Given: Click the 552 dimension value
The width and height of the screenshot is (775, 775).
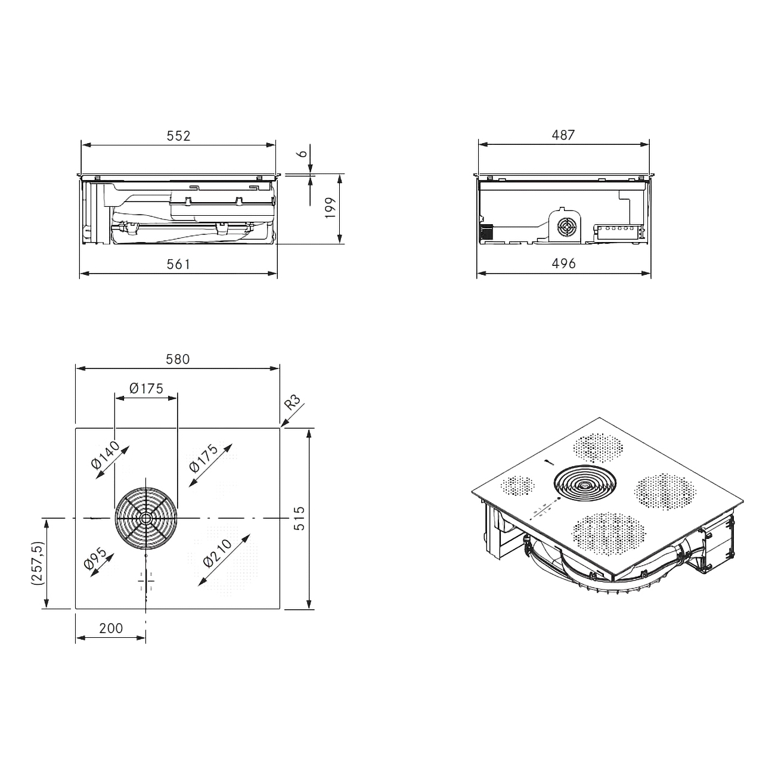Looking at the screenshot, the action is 178,136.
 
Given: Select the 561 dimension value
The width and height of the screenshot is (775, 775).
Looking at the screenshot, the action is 178,264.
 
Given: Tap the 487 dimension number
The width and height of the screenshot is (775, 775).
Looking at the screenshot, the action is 563,135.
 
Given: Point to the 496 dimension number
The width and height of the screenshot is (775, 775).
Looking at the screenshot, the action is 563,263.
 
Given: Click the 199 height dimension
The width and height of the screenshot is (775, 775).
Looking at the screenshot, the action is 331,208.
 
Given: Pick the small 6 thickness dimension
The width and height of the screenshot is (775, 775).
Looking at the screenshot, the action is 303,153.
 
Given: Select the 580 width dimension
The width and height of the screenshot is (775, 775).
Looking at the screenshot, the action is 178,359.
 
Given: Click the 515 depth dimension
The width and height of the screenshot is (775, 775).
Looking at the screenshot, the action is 299,519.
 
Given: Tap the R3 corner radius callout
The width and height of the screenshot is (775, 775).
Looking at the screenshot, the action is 292,402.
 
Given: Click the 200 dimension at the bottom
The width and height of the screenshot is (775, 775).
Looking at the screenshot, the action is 111,628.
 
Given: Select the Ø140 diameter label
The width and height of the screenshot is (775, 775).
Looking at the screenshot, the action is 106,455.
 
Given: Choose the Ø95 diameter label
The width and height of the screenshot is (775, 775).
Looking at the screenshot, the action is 95,559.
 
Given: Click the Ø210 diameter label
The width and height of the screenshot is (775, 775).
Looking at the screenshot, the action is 218,553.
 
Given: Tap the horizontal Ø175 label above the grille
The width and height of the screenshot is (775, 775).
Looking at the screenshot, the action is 147,389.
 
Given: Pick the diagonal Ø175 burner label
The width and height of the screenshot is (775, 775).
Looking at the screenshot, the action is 203,458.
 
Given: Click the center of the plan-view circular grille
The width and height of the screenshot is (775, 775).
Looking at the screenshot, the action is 145,519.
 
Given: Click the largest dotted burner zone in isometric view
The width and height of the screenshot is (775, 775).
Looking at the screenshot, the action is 607,535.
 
